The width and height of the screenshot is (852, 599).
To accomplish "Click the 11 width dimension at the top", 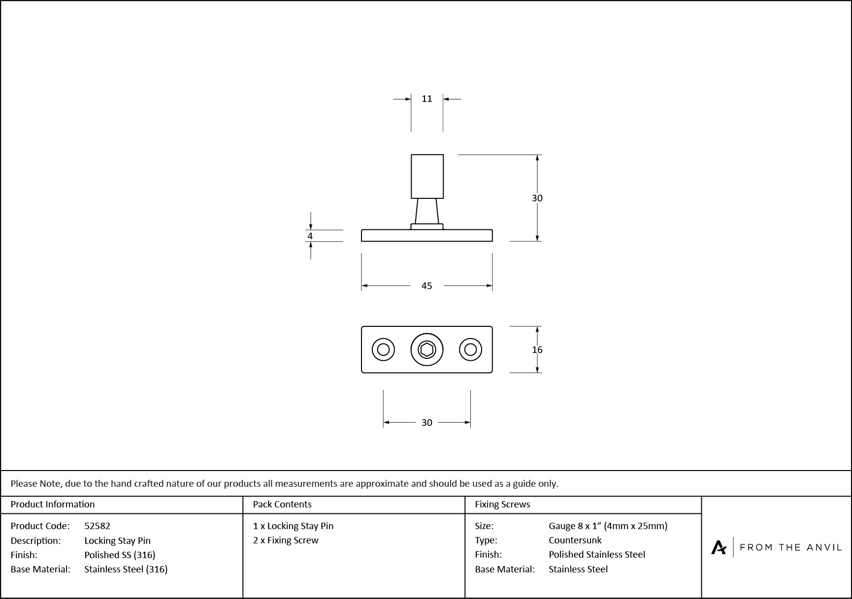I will (x=426, y=99).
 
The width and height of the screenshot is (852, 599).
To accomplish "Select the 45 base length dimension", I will (x=426, y=285).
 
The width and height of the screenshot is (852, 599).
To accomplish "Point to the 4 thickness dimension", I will (x=310, y=236).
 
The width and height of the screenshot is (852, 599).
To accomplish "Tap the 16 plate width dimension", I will (x=537, y=349).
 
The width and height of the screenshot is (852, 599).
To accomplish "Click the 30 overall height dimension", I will (x=537, y=198).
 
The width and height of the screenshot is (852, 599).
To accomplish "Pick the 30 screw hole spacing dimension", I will (x=426, y=422).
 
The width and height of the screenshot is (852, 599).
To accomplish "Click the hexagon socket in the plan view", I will (x=426, y=350).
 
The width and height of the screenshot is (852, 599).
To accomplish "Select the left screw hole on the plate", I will (x=383, y=350).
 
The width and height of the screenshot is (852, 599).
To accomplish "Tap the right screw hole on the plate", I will (x=470, y=350).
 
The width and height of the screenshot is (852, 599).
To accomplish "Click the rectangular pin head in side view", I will (x=427, y=176).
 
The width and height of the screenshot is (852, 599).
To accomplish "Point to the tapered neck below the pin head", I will (x=426, y=211).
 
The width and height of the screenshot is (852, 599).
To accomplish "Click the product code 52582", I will (x=98, y=526).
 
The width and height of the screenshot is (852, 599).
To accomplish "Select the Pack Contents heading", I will (x=282, y=504).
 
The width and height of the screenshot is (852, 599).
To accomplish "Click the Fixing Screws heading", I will (x=502, y=504).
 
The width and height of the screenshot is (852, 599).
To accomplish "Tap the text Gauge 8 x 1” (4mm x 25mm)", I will (x=608, y=526).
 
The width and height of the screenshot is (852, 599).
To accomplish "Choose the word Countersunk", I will (x=575, y=540).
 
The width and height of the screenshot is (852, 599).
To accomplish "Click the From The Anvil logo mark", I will (x=719, y=547).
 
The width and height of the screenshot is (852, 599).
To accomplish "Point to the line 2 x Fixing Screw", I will (x=286, y=540).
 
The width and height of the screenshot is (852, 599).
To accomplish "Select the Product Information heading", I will (x=53, y=504).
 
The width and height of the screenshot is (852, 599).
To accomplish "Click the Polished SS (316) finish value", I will (x=120, y=555).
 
